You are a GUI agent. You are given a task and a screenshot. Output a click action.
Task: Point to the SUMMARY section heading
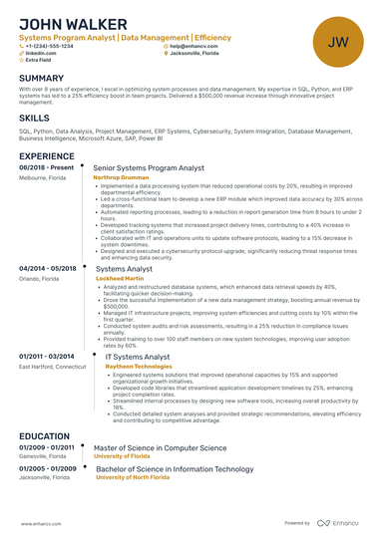(41, 78)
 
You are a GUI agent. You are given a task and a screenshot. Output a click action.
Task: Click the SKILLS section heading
(33, 118)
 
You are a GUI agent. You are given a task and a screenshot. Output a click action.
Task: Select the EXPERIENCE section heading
(46, 156)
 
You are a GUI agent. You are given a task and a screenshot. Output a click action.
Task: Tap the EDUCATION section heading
(44, 436)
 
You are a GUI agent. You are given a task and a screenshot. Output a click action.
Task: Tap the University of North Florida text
(140, 477)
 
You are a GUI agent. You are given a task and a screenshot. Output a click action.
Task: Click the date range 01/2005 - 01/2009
(47, 468)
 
